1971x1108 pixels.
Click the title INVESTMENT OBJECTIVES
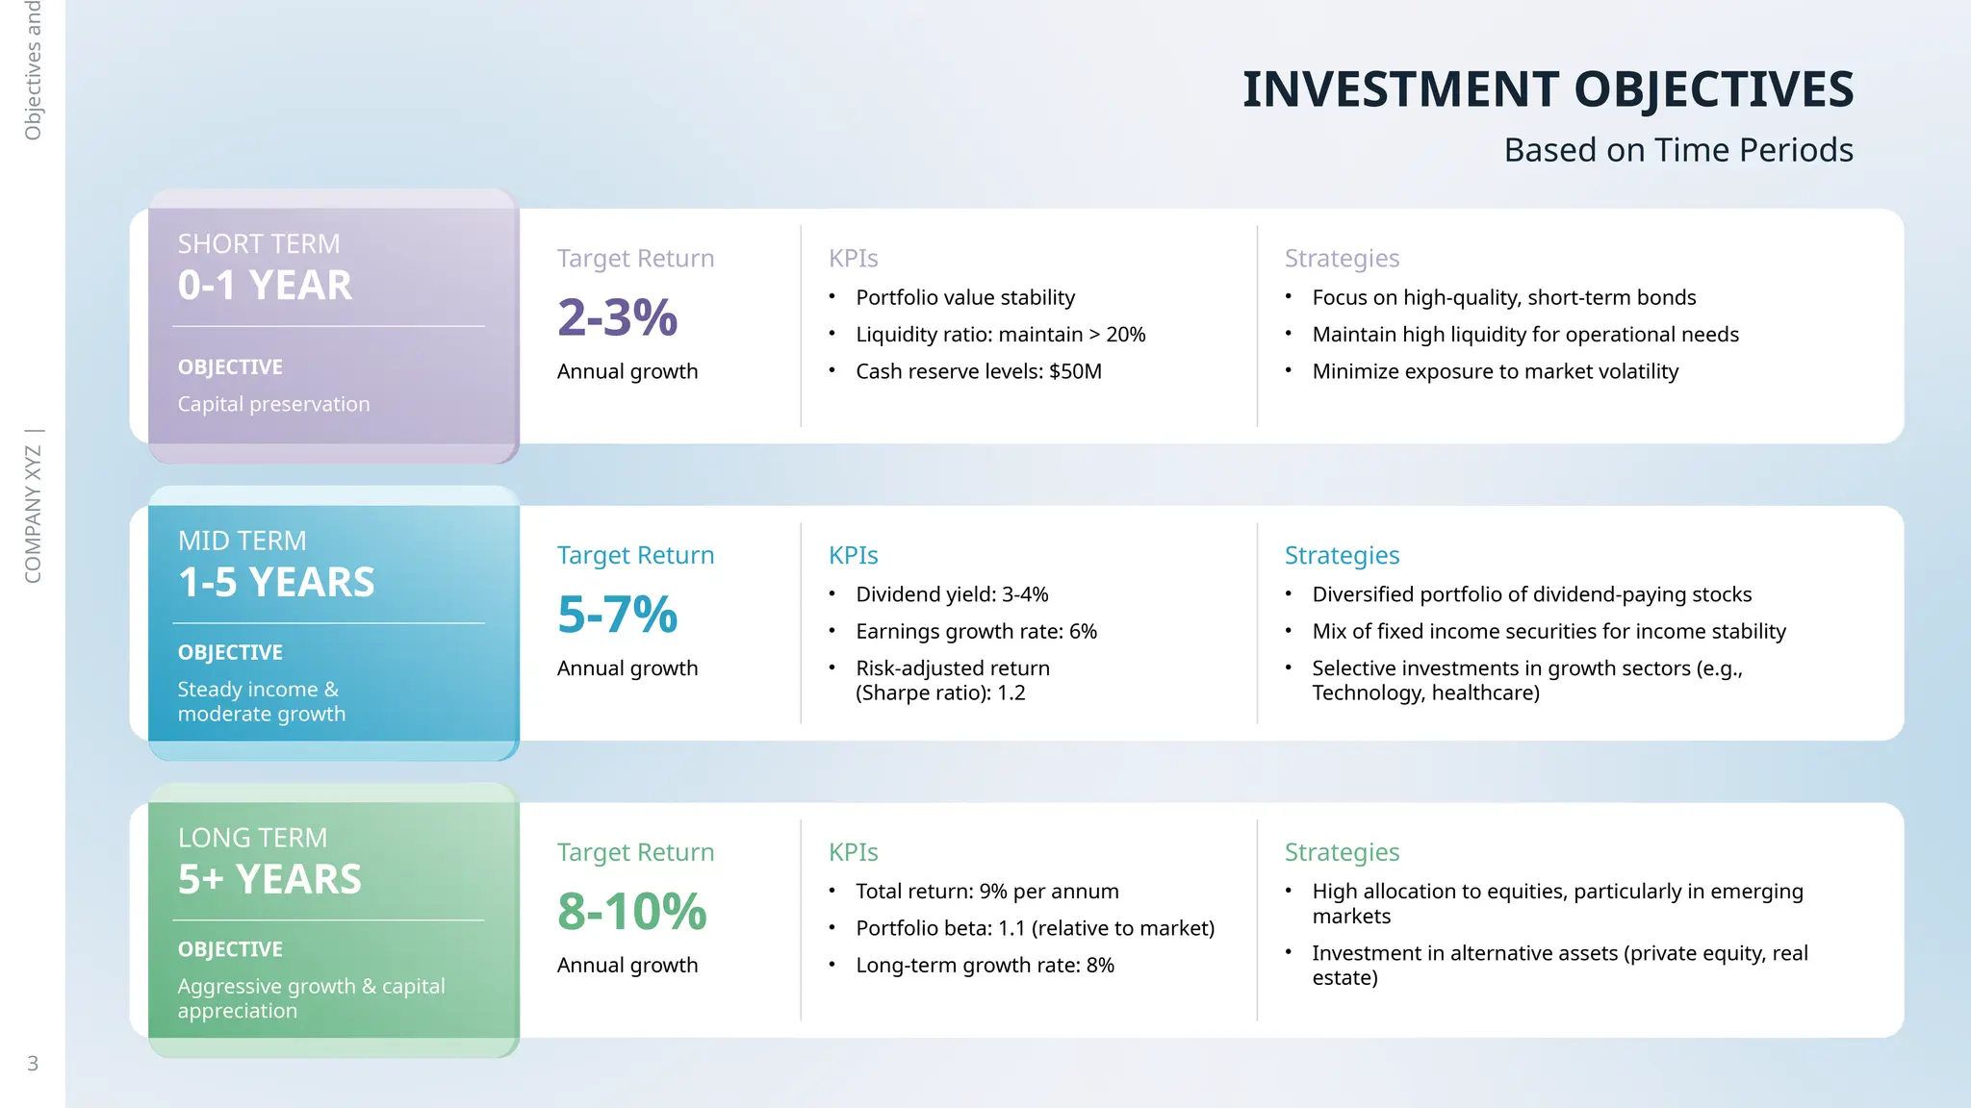click(1547, 89)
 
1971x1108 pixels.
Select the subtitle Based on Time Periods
click(1677, 150)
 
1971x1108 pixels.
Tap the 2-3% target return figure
click(617, 317)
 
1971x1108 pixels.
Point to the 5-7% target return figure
click(617, 615)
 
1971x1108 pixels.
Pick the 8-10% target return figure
click(631, 912)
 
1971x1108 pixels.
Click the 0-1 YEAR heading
click(265, 286)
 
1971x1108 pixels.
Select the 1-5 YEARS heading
click(276, 583)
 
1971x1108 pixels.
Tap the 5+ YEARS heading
click(269, 880)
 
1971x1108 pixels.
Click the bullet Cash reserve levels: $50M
click(978, 371)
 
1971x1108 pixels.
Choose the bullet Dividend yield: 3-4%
click(951, 594)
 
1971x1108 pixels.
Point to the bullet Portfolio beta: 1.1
click(1035, 928)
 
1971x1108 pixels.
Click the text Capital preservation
click(273, 404)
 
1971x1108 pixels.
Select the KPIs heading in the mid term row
click(853, 555)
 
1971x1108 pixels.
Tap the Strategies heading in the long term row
click(1342, 852)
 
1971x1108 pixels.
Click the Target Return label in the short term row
click(635, 258)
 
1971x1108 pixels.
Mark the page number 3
click(33, 1064)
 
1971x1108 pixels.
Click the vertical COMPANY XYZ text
click(33, 515)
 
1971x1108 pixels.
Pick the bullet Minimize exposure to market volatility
click(1495, 371)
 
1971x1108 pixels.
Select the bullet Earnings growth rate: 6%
click(976, 631)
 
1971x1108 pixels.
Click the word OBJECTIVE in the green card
click(230, 949)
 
